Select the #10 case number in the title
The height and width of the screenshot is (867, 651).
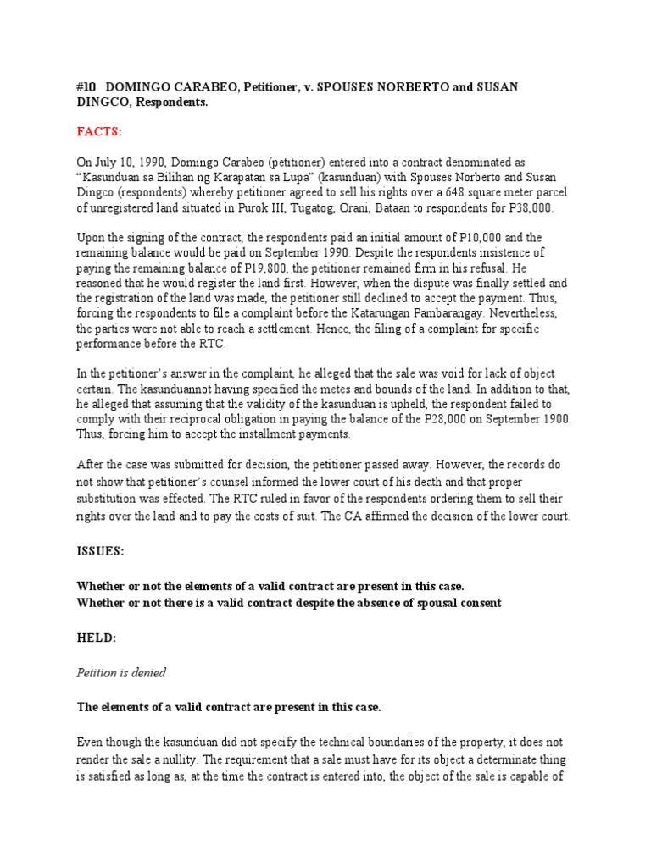coord(87,88)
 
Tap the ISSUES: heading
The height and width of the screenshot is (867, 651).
coord(101,550)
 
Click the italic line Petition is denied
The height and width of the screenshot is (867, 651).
coord(121,672)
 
